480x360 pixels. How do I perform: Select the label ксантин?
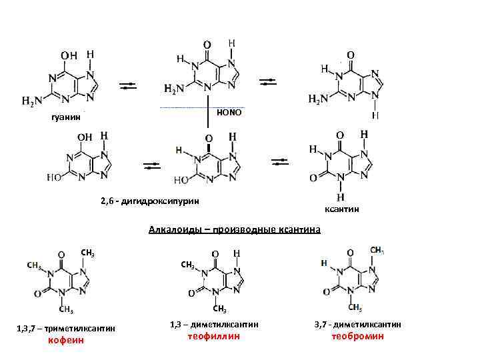click(342, 209)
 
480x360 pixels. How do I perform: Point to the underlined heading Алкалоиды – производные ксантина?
click(234, 230)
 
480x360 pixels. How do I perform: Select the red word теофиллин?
click(213, 336)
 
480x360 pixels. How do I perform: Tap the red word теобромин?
click(358, 336)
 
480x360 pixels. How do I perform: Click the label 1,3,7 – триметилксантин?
click(66, 328)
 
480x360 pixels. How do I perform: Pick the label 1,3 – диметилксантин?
click(213, 324)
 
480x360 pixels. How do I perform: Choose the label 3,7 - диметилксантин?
click(358, 324)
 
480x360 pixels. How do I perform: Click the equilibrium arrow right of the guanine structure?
click(129, 85)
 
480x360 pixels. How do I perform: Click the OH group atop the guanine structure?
click(68, 55)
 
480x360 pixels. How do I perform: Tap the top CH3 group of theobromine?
click(376, 250)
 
